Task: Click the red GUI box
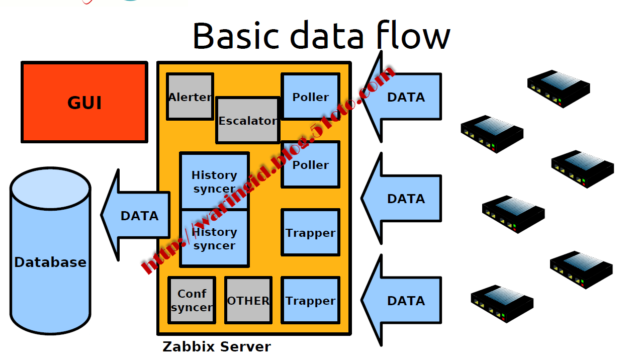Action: [84, 102]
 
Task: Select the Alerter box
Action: [190, 97]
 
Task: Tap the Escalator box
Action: [247, 121]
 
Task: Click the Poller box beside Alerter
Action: [311, 97]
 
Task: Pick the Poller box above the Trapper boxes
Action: [311, 164]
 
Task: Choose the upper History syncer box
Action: [214, 182]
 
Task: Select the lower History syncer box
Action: [214, 238]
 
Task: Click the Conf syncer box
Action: [192, 300]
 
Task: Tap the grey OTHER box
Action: [248, 300]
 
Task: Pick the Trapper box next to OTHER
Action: [311, 300]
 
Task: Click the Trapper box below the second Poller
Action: [311, 232]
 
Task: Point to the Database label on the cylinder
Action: [50, 262]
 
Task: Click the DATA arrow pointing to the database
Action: [138, 216]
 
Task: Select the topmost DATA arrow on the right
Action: [405, 97]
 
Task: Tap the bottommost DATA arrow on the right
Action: [405, 301]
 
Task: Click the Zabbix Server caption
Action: [217, 346]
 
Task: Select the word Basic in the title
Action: [235, 35]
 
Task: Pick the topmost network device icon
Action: [558, 88]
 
